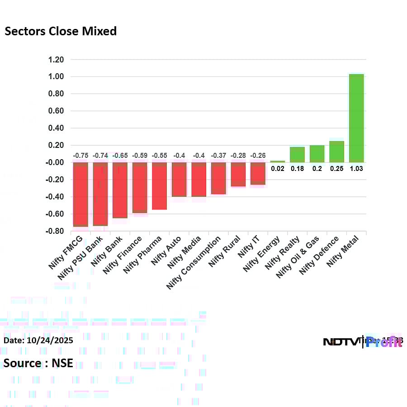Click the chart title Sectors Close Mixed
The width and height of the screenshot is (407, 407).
pyautogui.click(x=61, y=31)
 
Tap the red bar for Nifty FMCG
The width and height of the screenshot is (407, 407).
pyautogui.click(x=80, y=194)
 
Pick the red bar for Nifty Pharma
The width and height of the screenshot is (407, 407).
pyautogui.click(x=159, y=186)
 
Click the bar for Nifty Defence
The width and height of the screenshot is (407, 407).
pyautogui.click(x=336, y=151)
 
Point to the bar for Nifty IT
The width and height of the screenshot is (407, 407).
pyautogui.click(x=258, y=174)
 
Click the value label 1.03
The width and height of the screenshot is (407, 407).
pyautogui.click(x=356, y=169)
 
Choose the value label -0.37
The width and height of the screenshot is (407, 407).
pyautogui.click(x=218, y=156)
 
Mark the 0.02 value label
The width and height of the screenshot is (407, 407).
pyautogui.click(x=278, y=169)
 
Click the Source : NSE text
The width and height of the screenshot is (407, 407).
pyautogui.click(x=38, y=363)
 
